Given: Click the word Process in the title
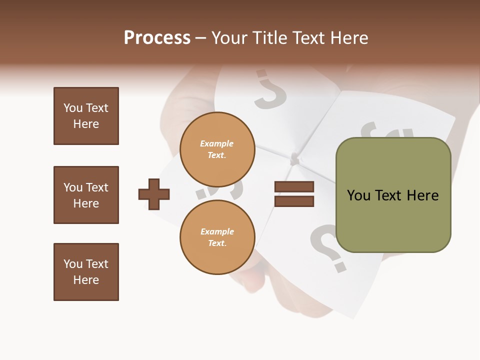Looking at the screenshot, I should (157, 38).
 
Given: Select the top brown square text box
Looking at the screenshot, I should (86, 116).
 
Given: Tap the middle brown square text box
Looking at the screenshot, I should (86, 195).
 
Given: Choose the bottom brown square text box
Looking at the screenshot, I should (86, 272).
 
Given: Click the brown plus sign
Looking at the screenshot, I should (154, 194).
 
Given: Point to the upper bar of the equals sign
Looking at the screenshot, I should (294, 187).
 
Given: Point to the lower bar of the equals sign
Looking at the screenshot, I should (294, 201).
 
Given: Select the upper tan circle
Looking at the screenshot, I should (217, 149).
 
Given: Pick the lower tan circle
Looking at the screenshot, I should (217, 237).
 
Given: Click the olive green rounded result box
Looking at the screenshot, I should (393, 195).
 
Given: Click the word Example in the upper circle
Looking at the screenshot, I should (217, 143).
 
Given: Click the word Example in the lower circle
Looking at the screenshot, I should (217, 231).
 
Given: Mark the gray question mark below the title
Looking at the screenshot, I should (270, 90).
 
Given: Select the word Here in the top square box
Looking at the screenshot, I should (86, 124).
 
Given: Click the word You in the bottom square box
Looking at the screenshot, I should (72, 264).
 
